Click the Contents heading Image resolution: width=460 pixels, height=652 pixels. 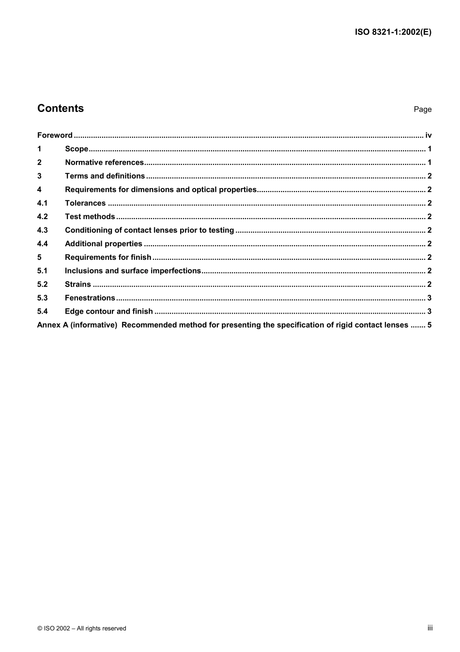point(61,109)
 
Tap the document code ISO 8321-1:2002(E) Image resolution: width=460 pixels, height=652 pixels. point(393,32)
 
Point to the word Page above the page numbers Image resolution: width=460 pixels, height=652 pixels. point(422,110)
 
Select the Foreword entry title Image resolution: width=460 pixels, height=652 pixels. point(55,135)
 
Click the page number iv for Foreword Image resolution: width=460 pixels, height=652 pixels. point(428,135)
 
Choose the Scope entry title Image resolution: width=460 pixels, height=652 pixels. point(77,149)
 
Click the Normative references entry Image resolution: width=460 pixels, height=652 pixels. point(105,162)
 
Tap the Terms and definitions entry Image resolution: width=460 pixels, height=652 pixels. point(105,176)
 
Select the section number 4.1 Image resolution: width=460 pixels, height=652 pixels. point(43,203)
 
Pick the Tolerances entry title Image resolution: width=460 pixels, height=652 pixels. point(85,203)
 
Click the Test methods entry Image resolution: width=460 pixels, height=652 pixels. point(90,217)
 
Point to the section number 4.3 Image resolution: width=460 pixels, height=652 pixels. point(43,230)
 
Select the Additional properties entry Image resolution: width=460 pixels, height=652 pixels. point(104,244)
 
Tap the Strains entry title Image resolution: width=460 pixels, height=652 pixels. point(78,285)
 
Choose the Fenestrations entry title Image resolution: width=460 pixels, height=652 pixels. point(90,298)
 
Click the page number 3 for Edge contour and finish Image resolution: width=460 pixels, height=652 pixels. point(429,312)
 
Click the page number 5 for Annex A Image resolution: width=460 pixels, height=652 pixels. point(429,325)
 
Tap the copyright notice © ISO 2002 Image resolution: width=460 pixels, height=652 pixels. point(82,628)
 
